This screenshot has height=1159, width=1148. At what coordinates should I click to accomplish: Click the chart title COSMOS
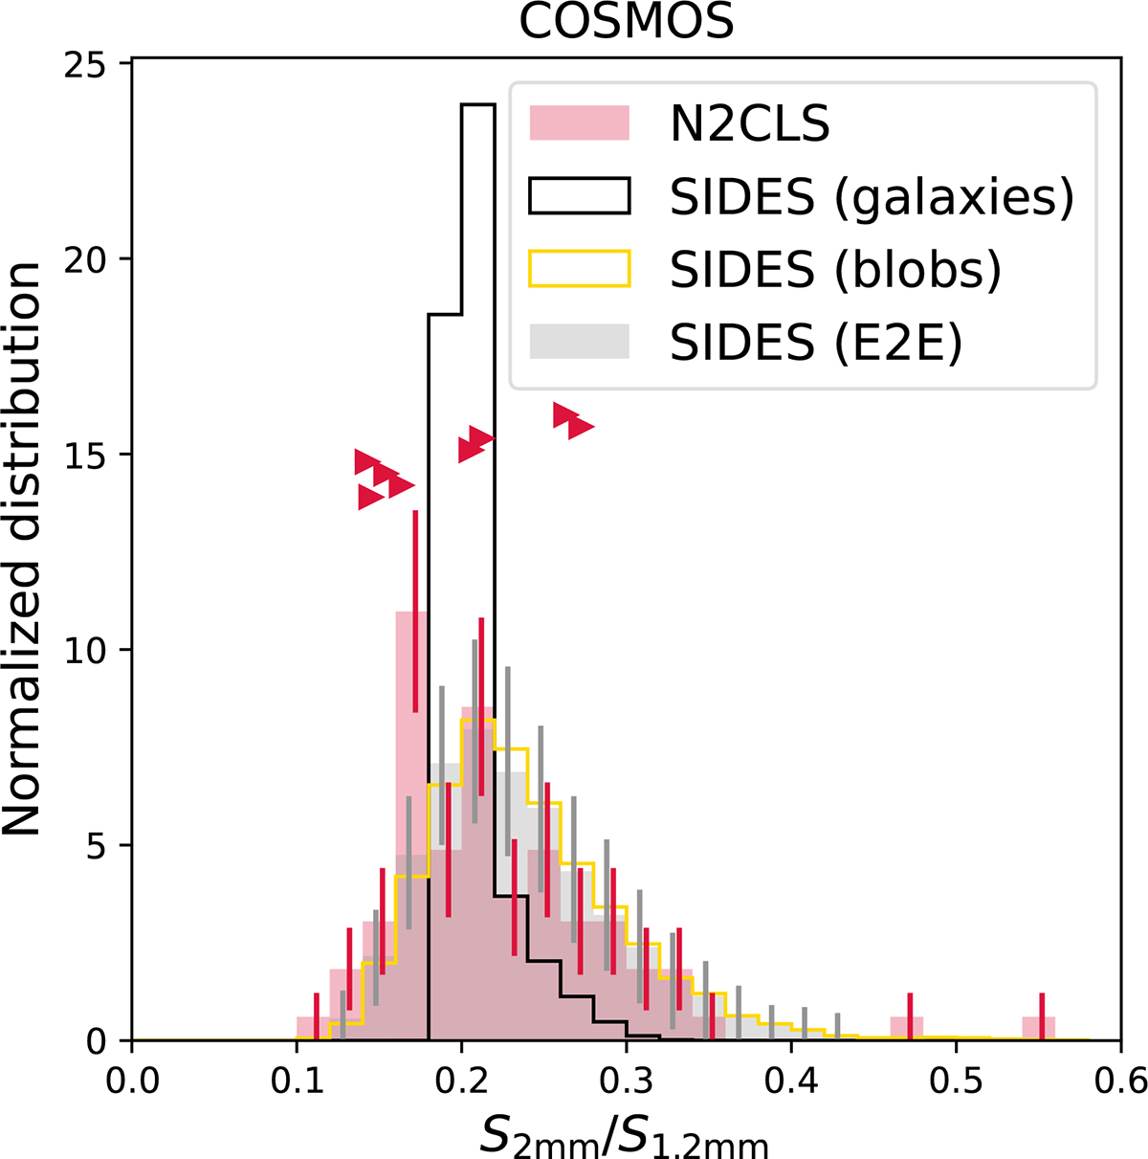point(626,22)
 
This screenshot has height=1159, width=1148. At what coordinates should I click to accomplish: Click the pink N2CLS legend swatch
point(579,123)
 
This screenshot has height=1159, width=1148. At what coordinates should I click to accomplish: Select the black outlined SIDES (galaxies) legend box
point(579,195)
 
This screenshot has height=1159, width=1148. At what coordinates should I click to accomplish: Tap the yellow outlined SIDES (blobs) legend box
point(579,268)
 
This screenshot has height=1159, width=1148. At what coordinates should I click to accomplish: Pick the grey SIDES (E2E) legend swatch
point(579,342)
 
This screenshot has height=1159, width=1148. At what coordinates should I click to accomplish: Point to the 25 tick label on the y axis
point(93,64)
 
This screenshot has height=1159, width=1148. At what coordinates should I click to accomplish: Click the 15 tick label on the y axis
point(93,455)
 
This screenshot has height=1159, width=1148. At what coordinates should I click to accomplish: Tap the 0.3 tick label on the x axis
point(626,1081)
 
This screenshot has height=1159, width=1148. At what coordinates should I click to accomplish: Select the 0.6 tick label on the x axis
point(1119,1081)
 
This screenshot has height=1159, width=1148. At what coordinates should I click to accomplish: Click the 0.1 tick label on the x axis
point(297,1081)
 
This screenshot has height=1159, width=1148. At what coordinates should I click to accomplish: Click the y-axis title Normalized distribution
point(22,547)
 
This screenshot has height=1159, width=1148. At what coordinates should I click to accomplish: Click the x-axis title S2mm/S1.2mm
point(624,1135)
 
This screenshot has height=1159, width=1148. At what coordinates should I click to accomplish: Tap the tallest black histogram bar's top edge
point(478,104)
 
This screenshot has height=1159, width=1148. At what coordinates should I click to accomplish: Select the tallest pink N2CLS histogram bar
point(411,825)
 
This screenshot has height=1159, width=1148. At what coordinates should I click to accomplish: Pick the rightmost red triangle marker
point(581,427)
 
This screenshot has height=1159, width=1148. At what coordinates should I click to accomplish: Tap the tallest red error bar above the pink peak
point(415,611)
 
